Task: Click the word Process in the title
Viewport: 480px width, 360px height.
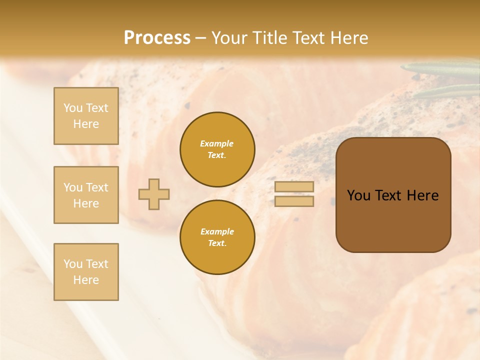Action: (157, 38)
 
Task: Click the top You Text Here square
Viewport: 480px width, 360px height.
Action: (86, 116)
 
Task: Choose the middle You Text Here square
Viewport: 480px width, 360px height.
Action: (86, 195)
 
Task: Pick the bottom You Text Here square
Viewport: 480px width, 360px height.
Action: (86, 272)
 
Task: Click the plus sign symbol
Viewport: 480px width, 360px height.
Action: (154, 194)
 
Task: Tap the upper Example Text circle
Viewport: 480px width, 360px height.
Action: (217, 149)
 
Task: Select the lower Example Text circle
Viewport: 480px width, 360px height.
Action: (217, 237)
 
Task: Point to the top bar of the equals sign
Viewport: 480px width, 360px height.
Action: (294, 186)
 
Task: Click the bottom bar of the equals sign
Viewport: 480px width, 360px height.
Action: (294, 201)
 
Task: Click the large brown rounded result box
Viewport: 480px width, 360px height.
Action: (393, 220)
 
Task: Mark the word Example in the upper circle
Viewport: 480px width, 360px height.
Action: (217, 143)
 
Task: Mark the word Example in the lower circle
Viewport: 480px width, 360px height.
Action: (217, 231)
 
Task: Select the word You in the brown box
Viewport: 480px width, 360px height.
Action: (359, 195)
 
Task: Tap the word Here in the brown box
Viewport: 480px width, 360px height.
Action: (423, 195)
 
